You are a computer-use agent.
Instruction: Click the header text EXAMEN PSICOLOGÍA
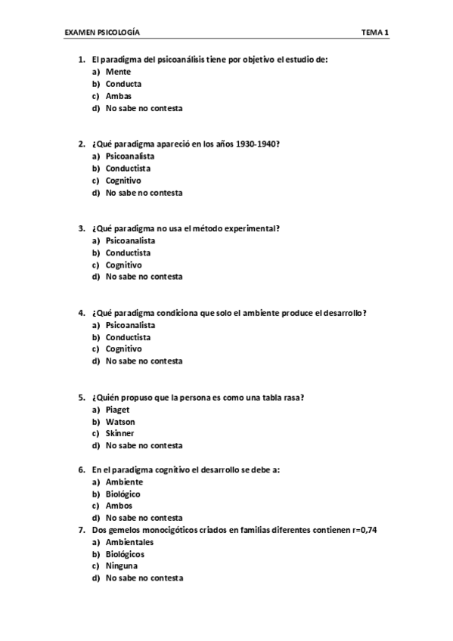pyautogui.click(x=102, y=33)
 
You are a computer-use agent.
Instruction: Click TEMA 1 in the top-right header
pyautogui.click(x=375, y=33)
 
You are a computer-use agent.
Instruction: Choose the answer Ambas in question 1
pyautogui.click(x=119, y=96)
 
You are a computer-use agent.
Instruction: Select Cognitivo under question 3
pyautogui.click(x=123, y=265)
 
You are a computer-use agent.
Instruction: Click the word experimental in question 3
pyautogui.click(x=250, y=228)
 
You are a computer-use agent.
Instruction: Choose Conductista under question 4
pyautogui.click(x=128, y=337)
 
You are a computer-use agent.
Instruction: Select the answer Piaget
pyautogui.click(x=118, y=410)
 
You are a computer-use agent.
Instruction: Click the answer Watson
pyautogui.click(x=120, y=422)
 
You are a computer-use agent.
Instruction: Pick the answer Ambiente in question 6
pyautogui.click(x=124, y=482)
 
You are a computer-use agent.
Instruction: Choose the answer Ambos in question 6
pyautogui.click(x=119, y=506)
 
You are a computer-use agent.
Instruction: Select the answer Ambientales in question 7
pyautogui.click(x=129, y=542)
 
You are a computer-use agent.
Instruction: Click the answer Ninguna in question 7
pyautogui.click(x=122, y=566)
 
